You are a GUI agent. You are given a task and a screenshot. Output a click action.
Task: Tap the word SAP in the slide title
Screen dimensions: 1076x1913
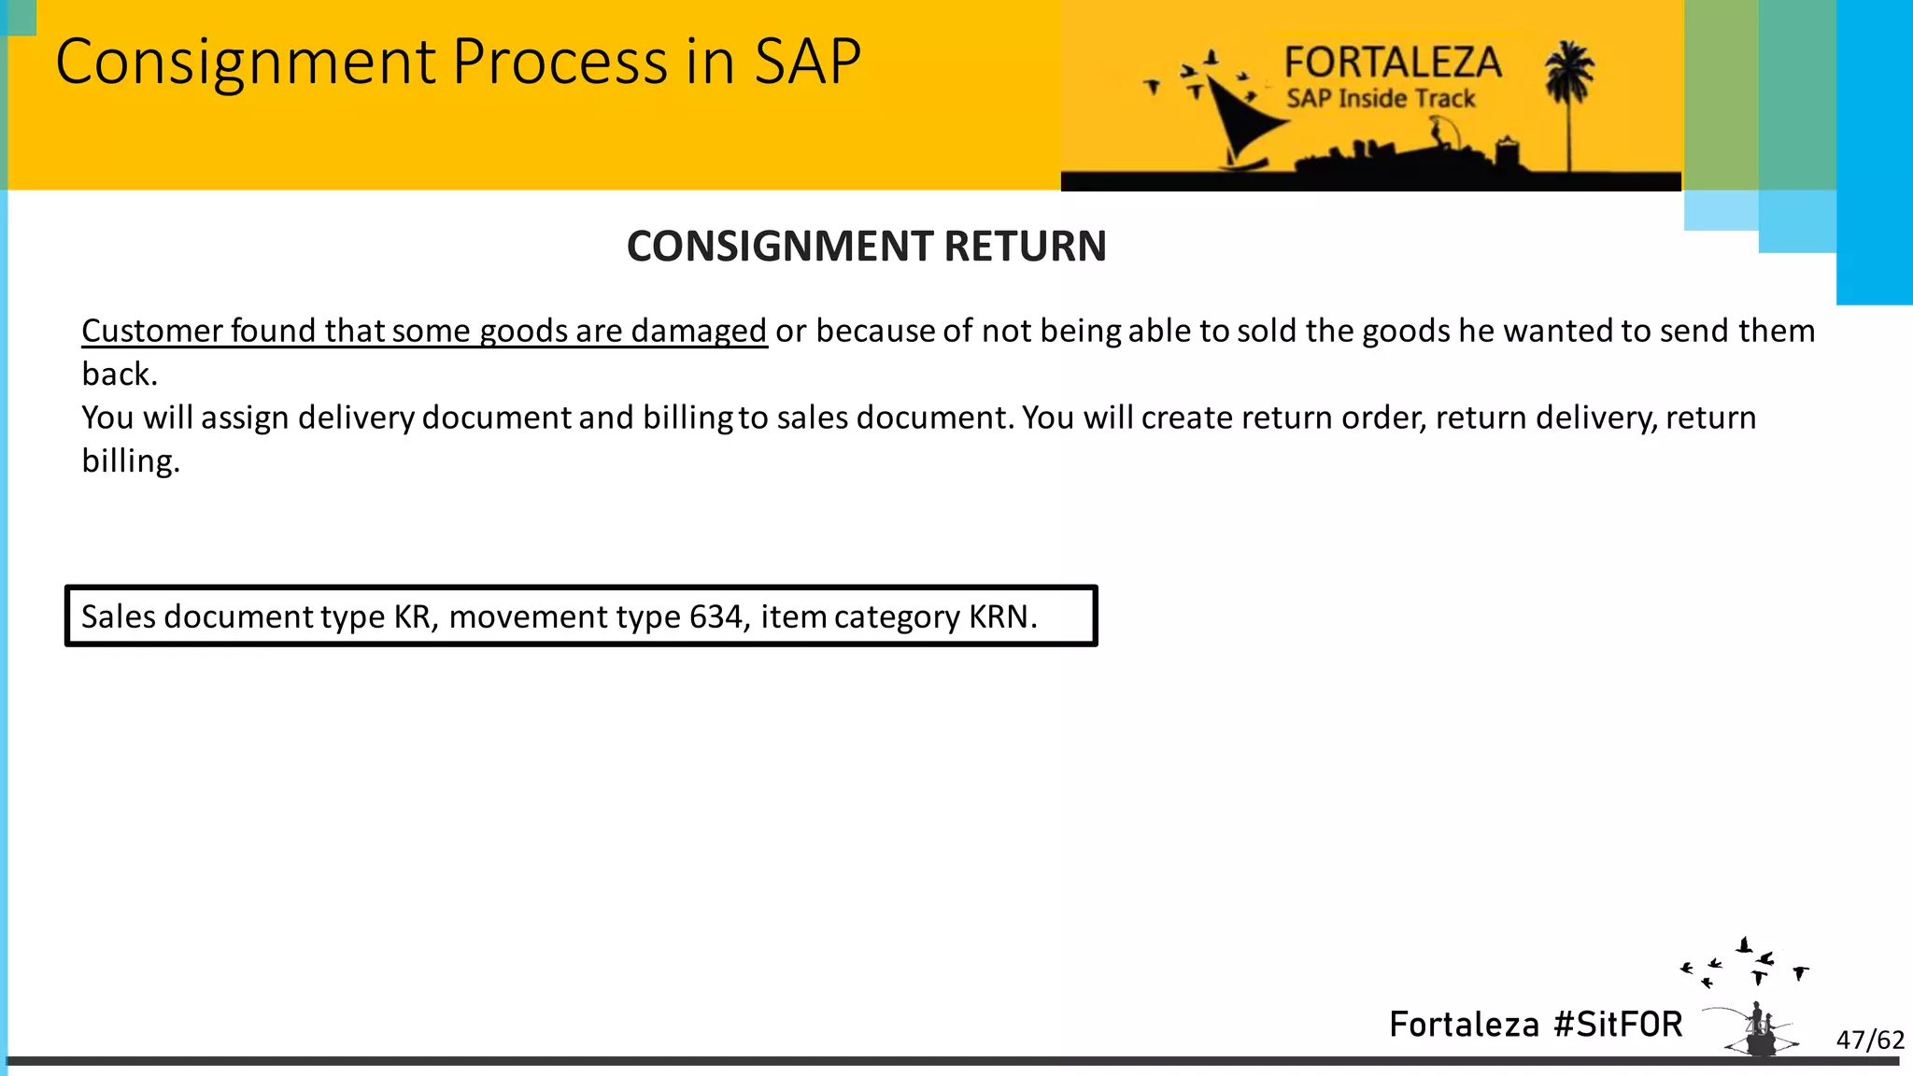[807, 62]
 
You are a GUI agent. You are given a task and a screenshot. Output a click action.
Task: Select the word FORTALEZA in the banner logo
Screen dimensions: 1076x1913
[1392, 63]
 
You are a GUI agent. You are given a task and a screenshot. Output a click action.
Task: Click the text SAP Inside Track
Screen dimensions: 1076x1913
[1381, 99]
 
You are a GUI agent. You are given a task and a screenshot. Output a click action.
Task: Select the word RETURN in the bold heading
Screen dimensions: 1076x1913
[1025, 247]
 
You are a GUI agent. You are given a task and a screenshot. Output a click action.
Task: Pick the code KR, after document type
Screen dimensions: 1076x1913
[414, 616]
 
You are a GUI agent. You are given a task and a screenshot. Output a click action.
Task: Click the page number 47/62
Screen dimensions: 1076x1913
[1870, 1040]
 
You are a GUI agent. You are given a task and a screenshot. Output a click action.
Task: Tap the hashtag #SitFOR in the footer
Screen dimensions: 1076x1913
[1618, 1025]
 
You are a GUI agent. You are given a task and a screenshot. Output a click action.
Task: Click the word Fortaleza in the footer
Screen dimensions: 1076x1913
[1464, 1025]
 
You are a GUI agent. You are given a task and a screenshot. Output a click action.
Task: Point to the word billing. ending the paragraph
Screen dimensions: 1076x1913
[130, 461]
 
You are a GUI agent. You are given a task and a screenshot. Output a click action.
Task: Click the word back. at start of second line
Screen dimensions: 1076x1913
[120, 375]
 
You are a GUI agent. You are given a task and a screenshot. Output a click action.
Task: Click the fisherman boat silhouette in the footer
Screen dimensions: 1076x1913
[1760, 1031]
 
